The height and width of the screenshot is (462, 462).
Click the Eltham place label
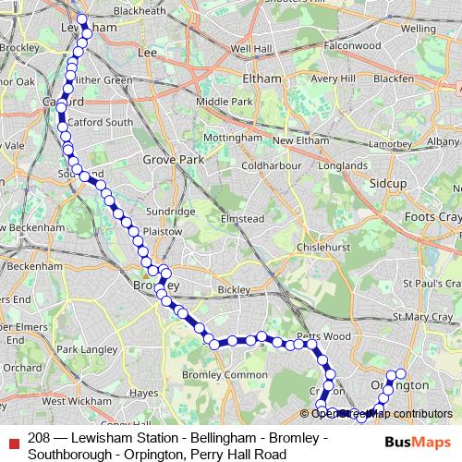coord(261,79)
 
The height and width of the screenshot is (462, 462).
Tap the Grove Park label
coord(166,160)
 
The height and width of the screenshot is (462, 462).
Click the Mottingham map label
coord(232,137)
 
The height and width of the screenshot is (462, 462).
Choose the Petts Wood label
coord(319,335)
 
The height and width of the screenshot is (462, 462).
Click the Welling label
coord(419,29)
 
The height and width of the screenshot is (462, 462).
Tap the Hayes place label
coord(145,393)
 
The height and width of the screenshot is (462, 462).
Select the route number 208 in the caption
coord(39,438)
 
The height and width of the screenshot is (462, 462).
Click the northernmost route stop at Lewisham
coord(81,19)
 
